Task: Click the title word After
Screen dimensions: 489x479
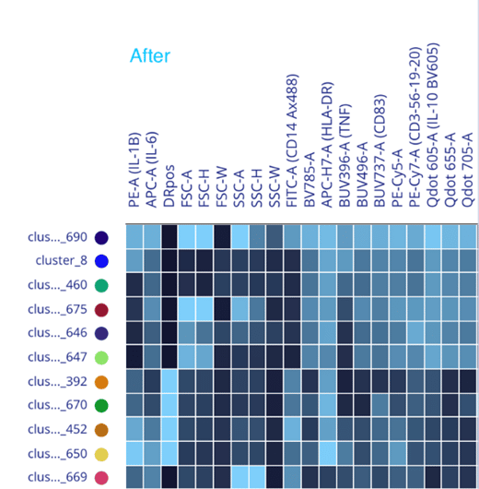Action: click(149, 56)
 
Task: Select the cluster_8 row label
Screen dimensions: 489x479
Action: click(62, 261)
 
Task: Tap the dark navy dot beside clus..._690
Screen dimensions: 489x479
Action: click(101, 237)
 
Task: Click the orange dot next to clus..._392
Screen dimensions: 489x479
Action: click(101, 381)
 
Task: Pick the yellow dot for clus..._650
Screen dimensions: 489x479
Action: click(101, 453)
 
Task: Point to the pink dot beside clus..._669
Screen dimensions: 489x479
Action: click(101, 477)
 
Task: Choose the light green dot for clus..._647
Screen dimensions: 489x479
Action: click(101, 357)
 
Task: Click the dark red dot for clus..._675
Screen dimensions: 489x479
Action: click(101, 309)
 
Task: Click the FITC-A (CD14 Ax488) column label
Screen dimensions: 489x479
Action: click(292, 147)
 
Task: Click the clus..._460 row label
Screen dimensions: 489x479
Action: click(56, 285)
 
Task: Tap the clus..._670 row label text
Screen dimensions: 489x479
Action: click(56, 405)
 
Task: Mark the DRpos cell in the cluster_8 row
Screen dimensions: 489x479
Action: click(169, 260)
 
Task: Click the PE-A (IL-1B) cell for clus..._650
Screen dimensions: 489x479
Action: click(134, 452)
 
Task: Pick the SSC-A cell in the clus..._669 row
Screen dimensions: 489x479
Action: click(239, 476)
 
